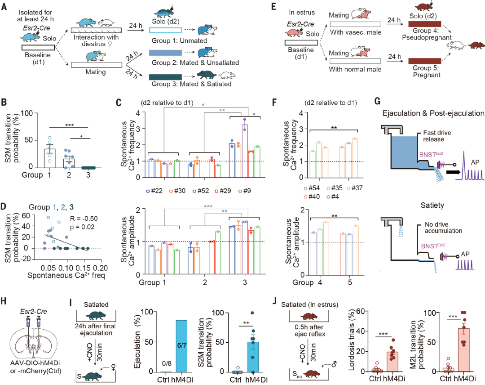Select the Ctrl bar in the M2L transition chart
(x=446, y=369)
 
